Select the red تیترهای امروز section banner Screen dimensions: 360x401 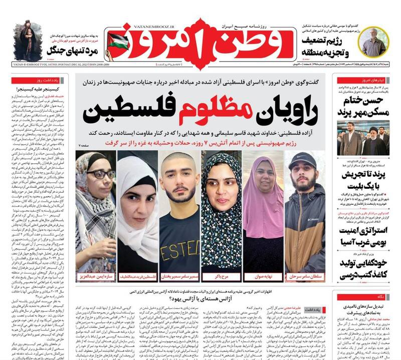(374, 80)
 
